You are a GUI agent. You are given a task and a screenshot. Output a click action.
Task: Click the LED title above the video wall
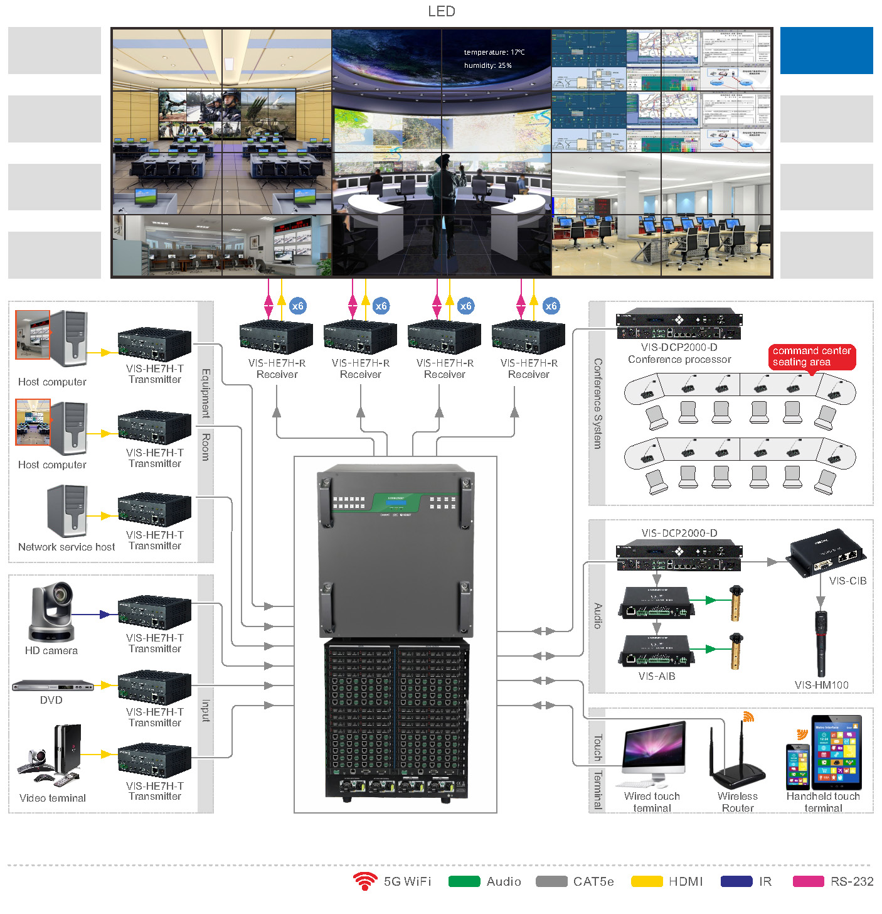[442, 11]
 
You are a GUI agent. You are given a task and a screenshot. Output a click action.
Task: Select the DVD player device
[53, 685]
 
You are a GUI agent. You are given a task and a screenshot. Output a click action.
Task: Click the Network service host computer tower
[68, 510]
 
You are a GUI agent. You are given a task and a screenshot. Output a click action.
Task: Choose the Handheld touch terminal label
[823, 802]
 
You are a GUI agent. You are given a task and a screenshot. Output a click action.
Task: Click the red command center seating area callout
[811, 357]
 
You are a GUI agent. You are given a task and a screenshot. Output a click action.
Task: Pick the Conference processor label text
[679, 360]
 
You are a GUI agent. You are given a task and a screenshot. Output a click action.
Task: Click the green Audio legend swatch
[464, 881]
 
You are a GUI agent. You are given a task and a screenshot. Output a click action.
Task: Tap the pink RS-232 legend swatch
[808, 881]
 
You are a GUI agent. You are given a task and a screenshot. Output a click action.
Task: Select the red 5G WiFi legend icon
[364, 881]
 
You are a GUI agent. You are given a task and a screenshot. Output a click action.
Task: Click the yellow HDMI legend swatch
[647, 881]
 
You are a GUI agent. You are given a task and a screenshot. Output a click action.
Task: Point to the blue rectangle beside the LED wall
[826, 50]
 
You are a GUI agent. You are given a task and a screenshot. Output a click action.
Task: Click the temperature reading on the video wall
[494, 52]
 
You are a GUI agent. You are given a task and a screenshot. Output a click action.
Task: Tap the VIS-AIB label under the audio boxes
[657, 676]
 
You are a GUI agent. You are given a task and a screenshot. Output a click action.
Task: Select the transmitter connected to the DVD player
[154, 687]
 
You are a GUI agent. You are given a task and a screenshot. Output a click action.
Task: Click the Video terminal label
[53, 798]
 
